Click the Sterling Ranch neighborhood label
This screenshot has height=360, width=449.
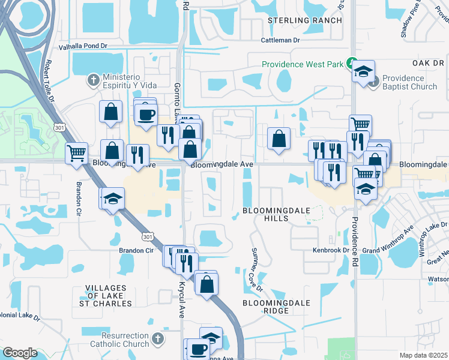pos(304,20)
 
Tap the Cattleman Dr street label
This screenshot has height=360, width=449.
pos(280,40)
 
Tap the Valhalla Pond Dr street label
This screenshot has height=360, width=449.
pos(83,46)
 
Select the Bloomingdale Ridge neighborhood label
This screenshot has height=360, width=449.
pos(274,307)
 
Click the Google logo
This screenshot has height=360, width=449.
pos(20,352)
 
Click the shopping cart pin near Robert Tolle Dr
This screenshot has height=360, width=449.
pos(77,152)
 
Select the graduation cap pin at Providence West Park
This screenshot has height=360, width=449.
pos(363,71)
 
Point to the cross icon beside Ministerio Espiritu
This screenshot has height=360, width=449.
pos(94,79)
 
